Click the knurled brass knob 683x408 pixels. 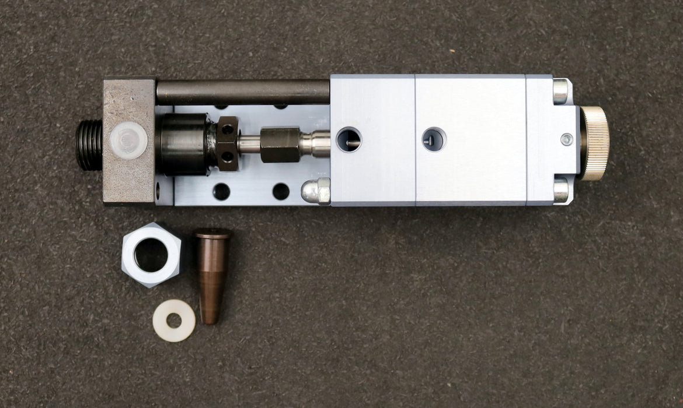[595, 143]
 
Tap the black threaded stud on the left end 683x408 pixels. [89, 146]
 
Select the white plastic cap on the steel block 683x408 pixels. [128, 140]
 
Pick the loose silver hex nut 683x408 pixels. [152, 255]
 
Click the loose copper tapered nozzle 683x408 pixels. [211, 274]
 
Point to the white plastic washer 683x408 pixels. [174, 321]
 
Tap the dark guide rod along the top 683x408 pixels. [242, 92]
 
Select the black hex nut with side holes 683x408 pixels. [228, 143]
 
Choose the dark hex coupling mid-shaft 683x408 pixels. [280, 145]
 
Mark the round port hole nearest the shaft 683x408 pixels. [349, 140]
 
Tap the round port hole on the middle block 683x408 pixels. [434, 139]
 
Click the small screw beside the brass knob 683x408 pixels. [566, 139]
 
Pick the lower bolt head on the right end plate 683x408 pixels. [560, 189]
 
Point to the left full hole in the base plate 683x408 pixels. [221, 191]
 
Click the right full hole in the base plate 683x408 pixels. [281, 191]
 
